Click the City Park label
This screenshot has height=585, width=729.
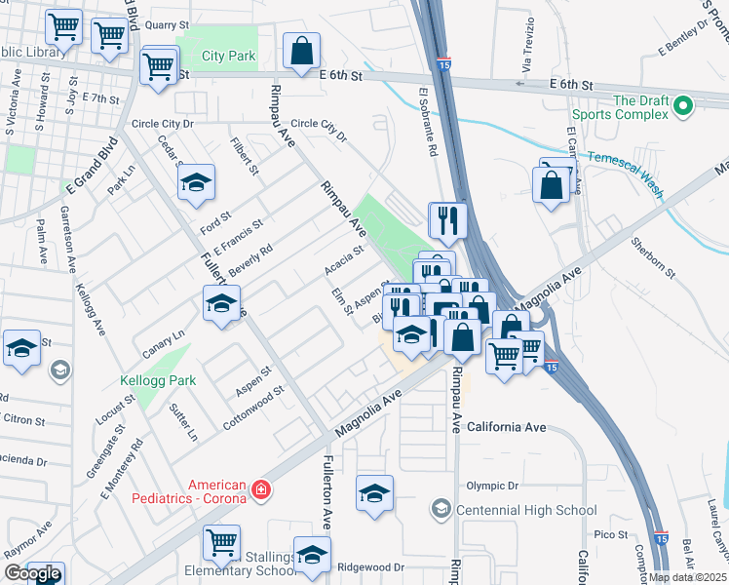pyautogui.click(x=228, y=56)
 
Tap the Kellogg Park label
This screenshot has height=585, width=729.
pyautogui.click(x=158, y=380)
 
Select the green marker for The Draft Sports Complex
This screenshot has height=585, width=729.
pyautogui.click(x=683, y=105)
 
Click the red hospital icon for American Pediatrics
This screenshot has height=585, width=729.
pyautogui.click(x=260, y=489)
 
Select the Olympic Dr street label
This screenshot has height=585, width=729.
pyautogui.click(x=491, y=486)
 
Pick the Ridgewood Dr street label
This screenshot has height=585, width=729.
pyautogui.click(x=369, y=566)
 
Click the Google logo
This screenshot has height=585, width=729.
pyautogui.click(x=32, y=573)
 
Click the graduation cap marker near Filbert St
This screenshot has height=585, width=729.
pyautogui.click(x=196, y=182)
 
